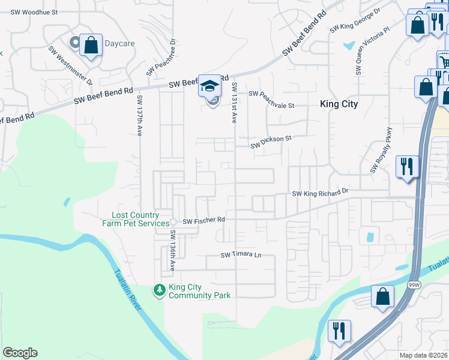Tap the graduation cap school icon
click(209, 85)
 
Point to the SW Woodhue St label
click(34, 12)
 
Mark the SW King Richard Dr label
click(320, 193)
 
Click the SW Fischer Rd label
click(203, 220)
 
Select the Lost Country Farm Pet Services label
click(136, 219)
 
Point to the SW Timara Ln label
click(241, 255)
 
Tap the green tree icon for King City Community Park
click(159, 290)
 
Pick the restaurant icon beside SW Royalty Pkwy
click(408, 166)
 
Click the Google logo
click(20, 353)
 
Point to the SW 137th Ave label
click(139, 115)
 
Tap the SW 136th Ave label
click(172, 249)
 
